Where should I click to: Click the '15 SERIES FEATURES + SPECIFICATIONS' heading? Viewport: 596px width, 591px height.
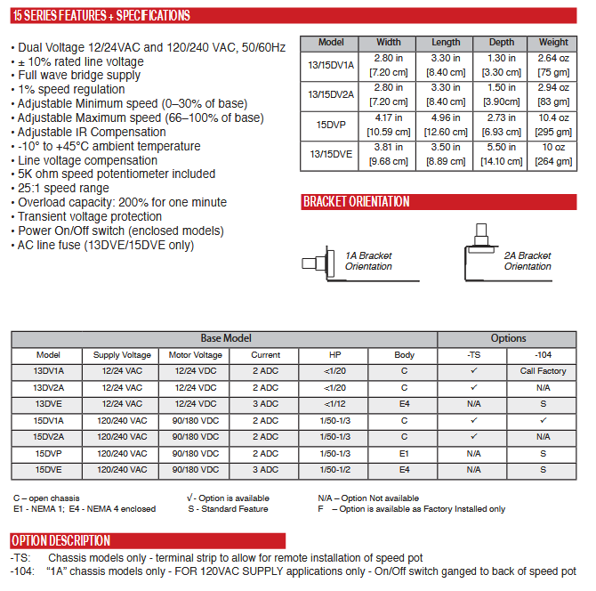pos(101,16)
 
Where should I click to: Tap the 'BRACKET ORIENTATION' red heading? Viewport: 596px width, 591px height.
pos(357,202)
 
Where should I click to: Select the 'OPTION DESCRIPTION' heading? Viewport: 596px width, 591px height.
pos(61,540)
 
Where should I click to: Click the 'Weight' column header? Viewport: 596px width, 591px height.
pos(553,42)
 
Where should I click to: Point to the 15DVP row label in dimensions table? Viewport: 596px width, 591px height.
pos(331,124)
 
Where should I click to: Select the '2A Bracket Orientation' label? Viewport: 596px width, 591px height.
pos(528,261)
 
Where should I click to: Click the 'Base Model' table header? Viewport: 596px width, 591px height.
pos(225,338)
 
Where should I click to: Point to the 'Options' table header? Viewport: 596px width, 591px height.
pos(508,338)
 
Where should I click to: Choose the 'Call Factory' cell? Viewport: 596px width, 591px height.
pos(543,371)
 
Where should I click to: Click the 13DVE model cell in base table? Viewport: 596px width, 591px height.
pos(48,404)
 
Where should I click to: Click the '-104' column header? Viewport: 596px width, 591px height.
pos(543,355)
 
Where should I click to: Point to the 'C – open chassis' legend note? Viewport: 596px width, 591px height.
pos(48,498)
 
